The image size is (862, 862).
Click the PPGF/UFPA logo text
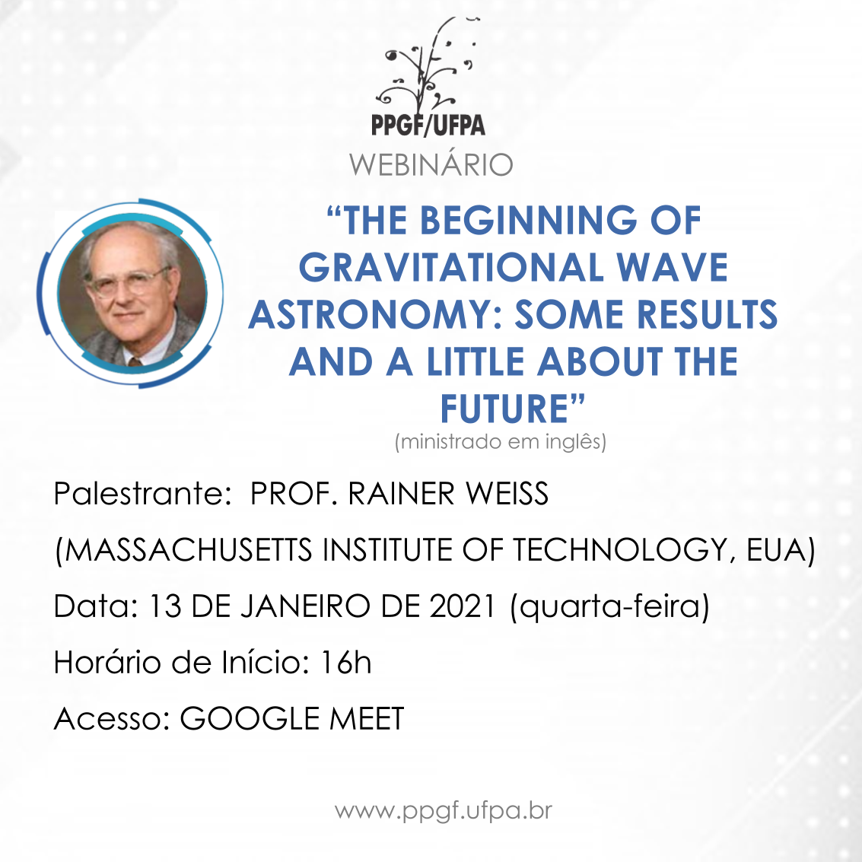point(428,125)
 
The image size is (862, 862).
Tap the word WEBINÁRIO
point(431,164)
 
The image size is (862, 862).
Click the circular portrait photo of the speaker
point(132,294)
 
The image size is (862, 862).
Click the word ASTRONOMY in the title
point(373,315)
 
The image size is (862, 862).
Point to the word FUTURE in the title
point(504,409)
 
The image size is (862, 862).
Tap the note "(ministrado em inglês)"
point(501,441)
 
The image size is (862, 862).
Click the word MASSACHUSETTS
point(189,549)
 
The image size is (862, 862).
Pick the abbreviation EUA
point(775,549)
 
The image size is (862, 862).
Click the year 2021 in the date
point(463,606)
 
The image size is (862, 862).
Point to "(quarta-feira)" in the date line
point(609,607)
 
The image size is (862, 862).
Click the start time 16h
point(346,662)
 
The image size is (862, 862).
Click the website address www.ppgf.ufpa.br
point(444,811)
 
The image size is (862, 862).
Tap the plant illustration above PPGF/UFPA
point(429,66)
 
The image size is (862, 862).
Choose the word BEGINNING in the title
point(529,221)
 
